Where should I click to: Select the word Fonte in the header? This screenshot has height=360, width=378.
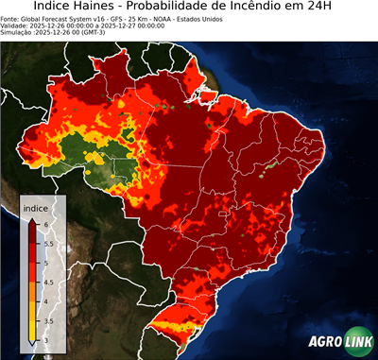pyautogui.click(x=10, y=18)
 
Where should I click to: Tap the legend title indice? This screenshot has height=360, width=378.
pyautogui.click(x=35, y=207)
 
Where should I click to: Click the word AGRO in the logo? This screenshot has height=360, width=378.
pyautogui.click(x=325, y=342)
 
